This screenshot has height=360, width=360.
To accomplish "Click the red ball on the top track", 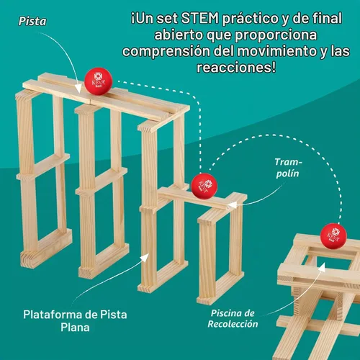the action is click(99, 81).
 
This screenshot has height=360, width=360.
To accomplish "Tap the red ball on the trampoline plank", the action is click(204, 186).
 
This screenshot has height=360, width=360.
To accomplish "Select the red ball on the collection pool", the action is click(333, 236).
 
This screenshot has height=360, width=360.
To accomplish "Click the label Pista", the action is click(32, 21).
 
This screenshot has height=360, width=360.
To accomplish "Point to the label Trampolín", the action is click(288, 168).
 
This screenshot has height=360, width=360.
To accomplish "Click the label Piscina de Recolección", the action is click(233, 318).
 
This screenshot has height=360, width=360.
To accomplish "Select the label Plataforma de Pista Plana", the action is click(75, 321).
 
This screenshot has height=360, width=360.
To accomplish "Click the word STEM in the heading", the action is click(200, 18).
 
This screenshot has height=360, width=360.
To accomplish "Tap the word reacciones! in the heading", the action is click(236, 67).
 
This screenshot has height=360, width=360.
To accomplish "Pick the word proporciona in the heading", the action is click(276, 35).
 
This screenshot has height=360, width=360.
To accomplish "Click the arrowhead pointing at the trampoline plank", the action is click(231, 205).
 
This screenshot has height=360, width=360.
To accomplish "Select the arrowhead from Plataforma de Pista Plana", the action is click(145, 258).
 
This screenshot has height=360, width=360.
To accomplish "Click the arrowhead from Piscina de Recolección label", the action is click(322, 267).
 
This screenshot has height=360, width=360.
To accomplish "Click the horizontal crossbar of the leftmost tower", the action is click(43, 167).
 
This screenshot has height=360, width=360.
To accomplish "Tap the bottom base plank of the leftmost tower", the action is click(46, 248).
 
